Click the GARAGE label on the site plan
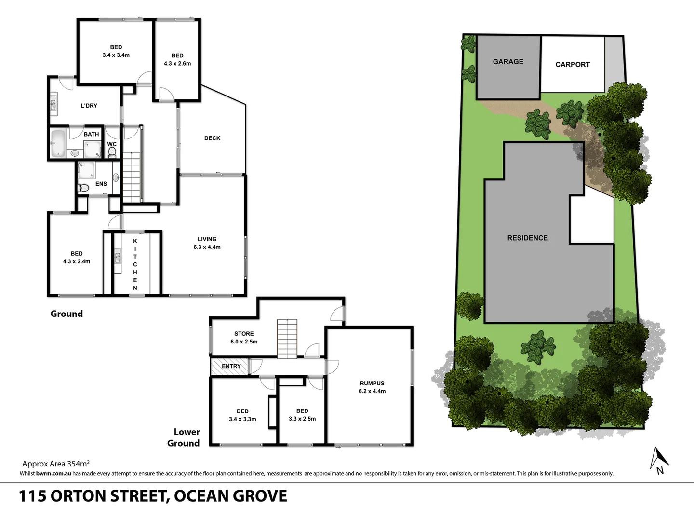[x=508, y=62]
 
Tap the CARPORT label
[x=572, y=65]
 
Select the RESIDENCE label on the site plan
[x=527, y=238]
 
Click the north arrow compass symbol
[x=658, y=460]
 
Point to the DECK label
[x=212, y=138]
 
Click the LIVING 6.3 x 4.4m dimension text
[x=207, y=247]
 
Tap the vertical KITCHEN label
[x=135, y=264]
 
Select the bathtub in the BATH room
[x=58, y=143]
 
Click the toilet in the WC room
[x=112, y=152]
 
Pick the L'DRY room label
[x=89, y=106]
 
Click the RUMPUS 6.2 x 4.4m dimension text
[x=372, y=391]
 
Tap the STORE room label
[x=244, y=334]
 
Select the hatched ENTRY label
[x=231, y=367]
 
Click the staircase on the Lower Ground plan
[x=287, y=339]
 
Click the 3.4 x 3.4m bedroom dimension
[x=116, y=55]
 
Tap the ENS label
[x=101, y=184]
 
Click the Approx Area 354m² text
[x=56, y=464]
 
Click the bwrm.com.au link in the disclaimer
[x=53, y=474]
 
